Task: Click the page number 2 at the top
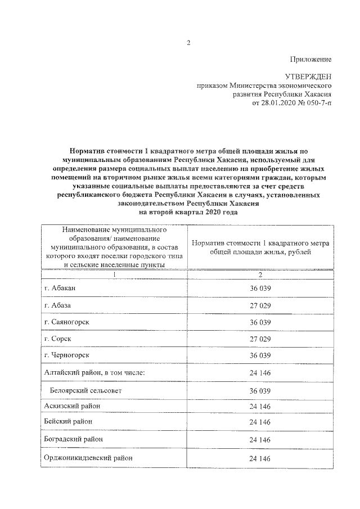click(189, 43)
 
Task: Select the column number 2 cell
click(260, 274)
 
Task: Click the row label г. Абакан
click(60, 288)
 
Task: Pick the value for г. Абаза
click(260, 305)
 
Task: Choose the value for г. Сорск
click(260, 340)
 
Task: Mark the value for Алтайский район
click(260, 373)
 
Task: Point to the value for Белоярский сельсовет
click(260, 390)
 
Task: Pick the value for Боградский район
click(260, 439)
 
